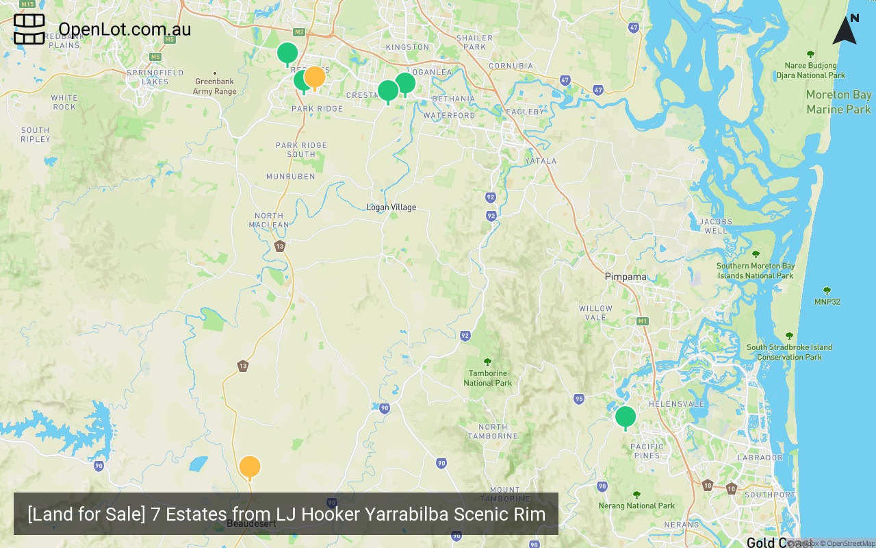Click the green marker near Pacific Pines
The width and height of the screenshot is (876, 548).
(626, 416)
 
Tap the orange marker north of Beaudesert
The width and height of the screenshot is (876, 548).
(250, 466)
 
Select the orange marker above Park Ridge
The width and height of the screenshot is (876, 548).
(314, 77)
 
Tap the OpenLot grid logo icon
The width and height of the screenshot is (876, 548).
(29, 29)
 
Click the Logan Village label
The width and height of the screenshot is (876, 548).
(391, 207)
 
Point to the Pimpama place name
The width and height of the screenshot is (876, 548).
(626, 277)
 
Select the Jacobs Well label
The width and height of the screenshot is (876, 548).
(717, 226)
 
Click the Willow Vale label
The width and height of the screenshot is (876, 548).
(596, 312)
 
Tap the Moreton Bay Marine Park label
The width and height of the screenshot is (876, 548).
(838, 101)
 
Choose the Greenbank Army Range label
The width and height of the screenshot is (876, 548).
(214, 86)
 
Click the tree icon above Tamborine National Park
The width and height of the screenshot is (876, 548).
(487, 362)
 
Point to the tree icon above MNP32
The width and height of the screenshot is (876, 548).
(827, 290)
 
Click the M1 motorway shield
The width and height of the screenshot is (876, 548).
(642, 321)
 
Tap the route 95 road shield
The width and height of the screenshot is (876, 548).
(579, 399)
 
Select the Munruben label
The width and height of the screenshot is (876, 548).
(291, 176)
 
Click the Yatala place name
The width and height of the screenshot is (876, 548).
(541, 161)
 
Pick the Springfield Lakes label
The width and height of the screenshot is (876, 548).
(155, 77)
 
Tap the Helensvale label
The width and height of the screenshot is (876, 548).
(676, 404)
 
